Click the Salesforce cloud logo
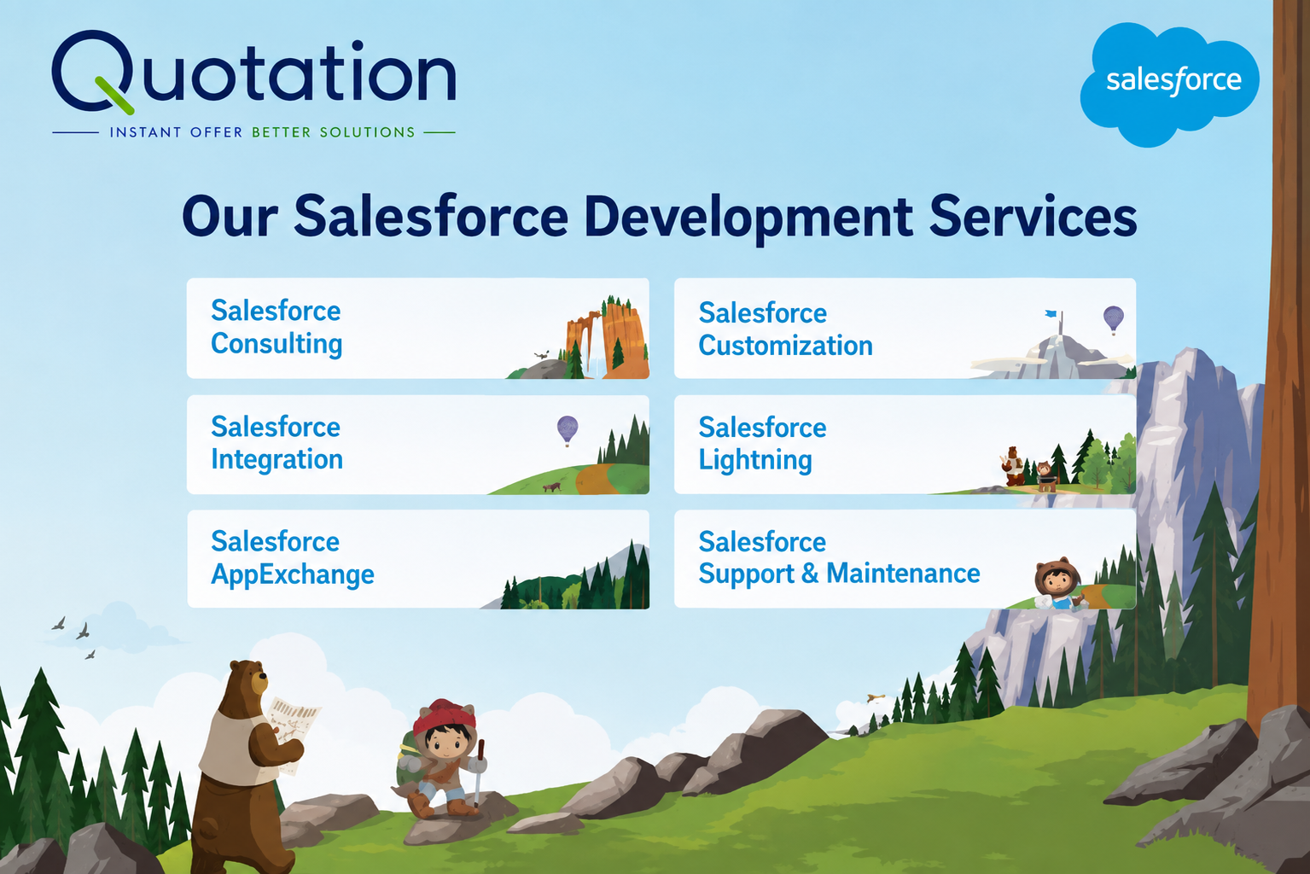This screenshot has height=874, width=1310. point(1170,84)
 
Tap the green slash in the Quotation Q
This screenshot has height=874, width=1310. point(114,96)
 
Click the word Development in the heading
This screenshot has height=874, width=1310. point(748,218)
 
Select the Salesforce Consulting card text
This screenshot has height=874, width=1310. point(276,327)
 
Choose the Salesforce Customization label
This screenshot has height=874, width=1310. point(785,329)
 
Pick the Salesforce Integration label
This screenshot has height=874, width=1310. point(277,443)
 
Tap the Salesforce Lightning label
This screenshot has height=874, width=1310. point(762,444)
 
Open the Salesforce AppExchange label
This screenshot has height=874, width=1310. point(293,558)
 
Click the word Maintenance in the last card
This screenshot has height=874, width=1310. point(903,574)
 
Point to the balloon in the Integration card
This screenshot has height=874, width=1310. point(568,430)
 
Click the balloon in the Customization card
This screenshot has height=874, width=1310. point(1113,319)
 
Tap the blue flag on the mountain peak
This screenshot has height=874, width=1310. point(1051,314)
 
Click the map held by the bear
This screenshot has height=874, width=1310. point(294,731)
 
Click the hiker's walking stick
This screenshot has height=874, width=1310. point(479,773)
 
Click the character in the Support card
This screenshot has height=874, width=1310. point(1058,585)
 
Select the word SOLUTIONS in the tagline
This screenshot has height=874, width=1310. point(367,133)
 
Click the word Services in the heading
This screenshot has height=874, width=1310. point(1033,217)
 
